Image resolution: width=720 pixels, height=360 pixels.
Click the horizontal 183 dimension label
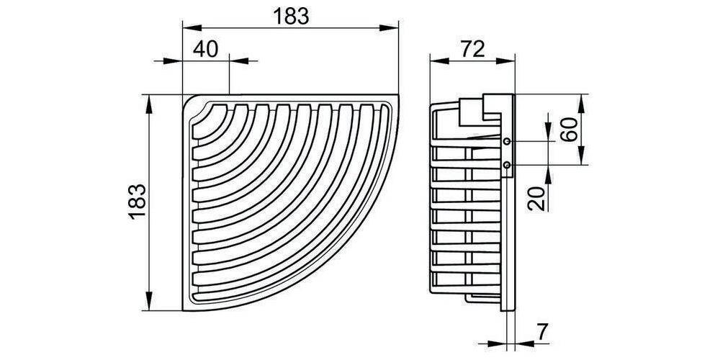pos(291,17)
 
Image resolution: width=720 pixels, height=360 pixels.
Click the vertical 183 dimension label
pos(138,202)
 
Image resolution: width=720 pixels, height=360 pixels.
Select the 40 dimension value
pos(205,49)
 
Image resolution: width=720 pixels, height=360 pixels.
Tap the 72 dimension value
pos(472,49)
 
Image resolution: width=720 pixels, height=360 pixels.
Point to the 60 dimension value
pos(569,130)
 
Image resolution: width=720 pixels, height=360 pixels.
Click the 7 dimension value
pos(543,332)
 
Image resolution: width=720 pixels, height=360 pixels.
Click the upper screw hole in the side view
pos(507,141)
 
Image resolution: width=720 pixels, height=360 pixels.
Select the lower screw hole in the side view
pos(507,164)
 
